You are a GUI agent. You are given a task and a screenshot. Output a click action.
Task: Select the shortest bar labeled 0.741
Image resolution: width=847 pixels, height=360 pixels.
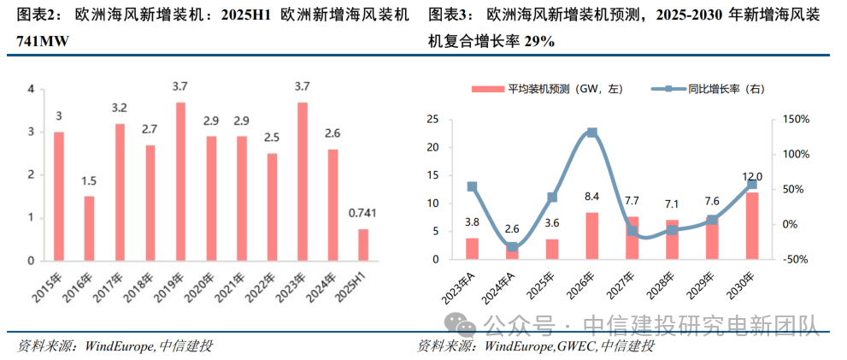(x=362, y=245)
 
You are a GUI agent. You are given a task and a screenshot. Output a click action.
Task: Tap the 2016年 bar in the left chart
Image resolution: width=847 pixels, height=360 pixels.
(x=89, y=228)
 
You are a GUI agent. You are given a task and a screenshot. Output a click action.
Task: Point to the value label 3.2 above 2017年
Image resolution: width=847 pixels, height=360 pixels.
(x=120, y=108)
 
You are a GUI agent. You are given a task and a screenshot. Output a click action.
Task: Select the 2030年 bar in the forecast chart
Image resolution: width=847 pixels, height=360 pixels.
(x=752, y=226)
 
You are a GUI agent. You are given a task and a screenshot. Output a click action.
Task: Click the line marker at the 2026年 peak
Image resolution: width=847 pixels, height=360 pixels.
(x=592, y=133)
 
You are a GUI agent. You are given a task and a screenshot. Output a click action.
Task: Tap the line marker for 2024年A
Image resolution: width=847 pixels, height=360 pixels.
(x=512, y=247)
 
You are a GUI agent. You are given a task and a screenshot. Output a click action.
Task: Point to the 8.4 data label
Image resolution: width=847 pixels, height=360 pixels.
(x=591, y=198)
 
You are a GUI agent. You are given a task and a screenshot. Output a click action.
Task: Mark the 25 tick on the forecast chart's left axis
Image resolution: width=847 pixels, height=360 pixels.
(x=432, y=120)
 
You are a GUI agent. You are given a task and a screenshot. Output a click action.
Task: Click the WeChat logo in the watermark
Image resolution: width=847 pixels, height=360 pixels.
(x=465, y=325)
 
